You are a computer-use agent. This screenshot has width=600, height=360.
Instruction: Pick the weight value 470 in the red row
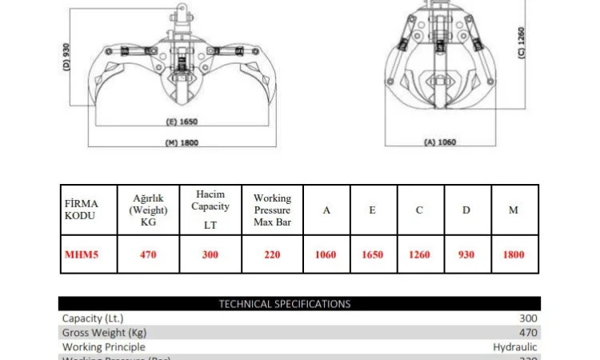point(148,255)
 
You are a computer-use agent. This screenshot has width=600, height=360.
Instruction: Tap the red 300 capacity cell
point(211,255)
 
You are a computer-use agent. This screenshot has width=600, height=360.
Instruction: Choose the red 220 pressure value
point(272,255)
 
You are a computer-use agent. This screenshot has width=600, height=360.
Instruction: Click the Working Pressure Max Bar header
point(272,210)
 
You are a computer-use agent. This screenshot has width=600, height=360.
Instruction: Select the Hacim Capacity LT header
point(211,210)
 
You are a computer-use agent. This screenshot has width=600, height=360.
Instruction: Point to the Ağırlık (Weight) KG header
point(148,210)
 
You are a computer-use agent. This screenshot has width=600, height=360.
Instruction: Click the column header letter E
point(372,210)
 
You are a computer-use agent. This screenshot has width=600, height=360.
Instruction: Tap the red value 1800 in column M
point(514,255)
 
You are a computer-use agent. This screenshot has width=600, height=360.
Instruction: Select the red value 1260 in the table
point(419,255)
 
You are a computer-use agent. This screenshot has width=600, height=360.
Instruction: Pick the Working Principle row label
point(103,347)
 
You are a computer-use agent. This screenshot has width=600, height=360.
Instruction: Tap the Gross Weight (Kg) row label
point(104,333)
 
